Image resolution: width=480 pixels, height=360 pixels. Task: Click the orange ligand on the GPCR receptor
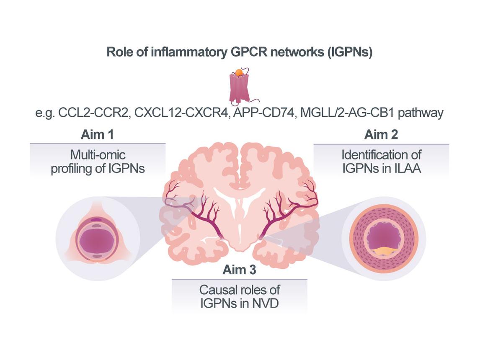tap(239, 72)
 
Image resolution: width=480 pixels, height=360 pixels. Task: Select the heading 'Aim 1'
tap(98, 135)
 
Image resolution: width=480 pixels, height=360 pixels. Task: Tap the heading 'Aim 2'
tap(381, 134)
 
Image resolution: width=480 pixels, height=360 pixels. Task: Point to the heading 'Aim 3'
tap(239, 270)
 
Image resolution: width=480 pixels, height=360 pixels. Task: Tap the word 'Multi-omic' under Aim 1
tap(98, 155)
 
